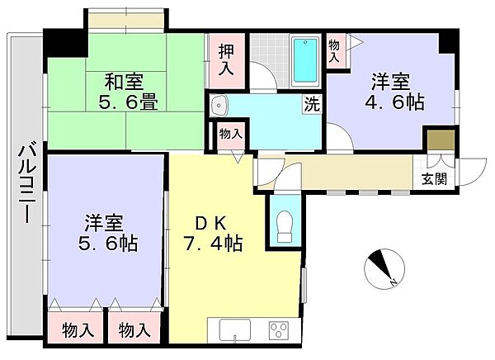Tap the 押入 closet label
(225, 59)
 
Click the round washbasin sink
(218, 106)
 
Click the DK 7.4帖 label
(211, 234)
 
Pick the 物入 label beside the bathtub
(334, 52)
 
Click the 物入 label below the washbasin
(230, 134)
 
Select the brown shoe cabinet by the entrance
(440, 139)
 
